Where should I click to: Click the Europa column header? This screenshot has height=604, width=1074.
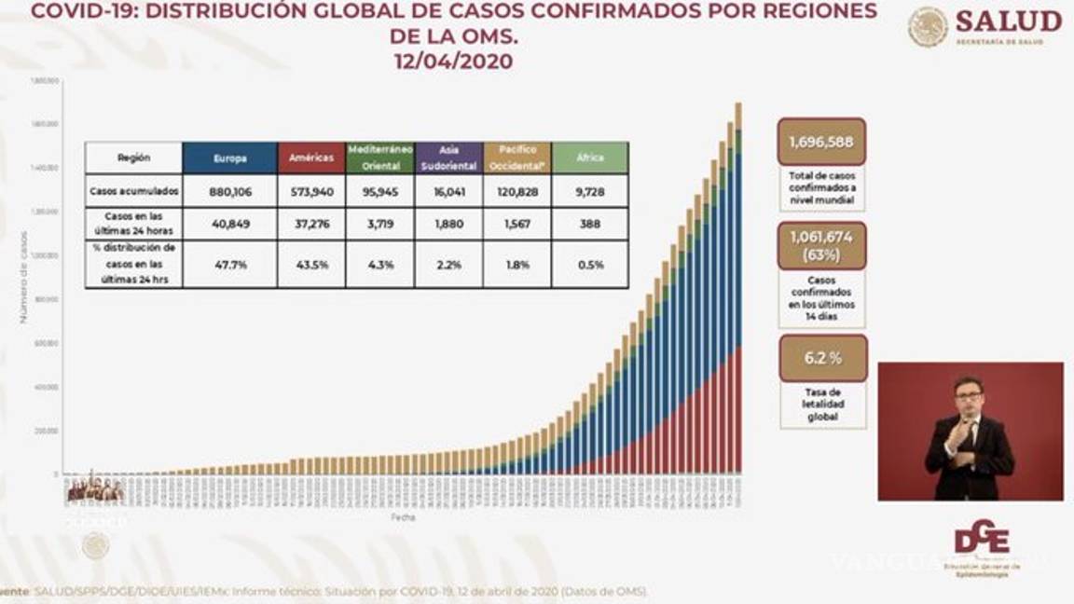click(x=230, y=158)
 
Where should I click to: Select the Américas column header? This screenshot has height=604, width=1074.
click(x=311, y=158)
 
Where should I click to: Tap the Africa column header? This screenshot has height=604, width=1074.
click(x=590, y=158)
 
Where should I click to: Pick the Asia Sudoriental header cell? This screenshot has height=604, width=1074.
click(x=448, y=158)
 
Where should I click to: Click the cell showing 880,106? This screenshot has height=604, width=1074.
click(x=230, y=191)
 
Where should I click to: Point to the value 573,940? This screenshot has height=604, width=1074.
click(x=311, y=191)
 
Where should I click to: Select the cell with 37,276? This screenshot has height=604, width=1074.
click(x=311, y=224)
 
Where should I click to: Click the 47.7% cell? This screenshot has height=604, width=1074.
click(x=230, y=265)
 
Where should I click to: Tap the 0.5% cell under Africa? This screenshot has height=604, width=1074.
click(x=590, y=265)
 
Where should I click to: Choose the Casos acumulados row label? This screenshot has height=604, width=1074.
click(x=133, y=191)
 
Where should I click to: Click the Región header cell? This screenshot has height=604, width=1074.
click(x=133, y=158)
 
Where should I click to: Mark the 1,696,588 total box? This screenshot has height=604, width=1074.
click(x=820, y=142)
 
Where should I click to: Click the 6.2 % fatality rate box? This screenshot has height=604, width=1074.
click(x=822, y=358)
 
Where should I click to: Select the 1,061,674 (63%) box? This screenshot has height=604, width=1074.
click(x=821, y=245)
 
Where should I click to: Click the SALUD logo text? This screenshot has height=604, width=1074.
click(x=1008, y=21)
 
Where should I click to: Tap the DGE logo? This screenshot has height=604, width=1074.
click(x=980, y=540)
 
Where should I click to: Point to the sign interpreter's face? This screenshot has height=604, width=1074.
click(x=969, y=395)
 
